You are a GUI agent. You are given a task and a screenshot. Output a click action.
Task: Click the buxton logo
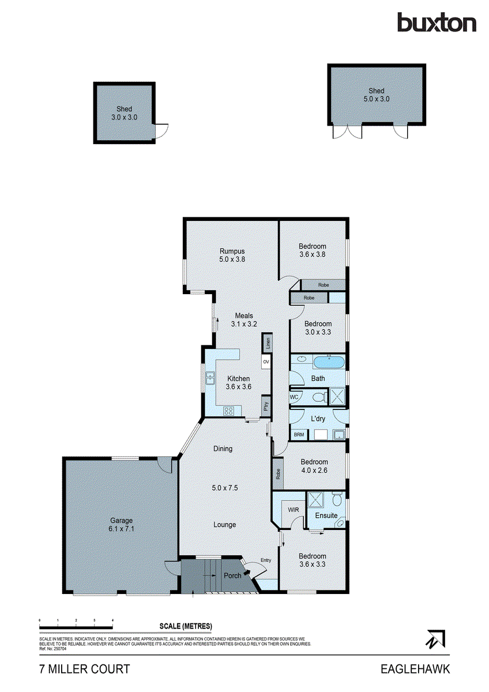pyautogui.click(x=437, y=22)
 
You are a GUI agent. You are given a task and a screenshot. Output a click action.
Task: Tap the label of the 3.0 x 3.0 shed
pyautogui.click(x=124, y=113)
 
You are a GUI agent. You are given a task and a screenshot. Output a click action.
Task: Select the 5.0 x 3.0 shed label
pyautogui.click(x=377, y=95)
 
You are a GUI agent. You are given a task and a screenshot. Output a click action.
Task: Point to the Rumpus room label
pyautogui.click(x=232, y=255)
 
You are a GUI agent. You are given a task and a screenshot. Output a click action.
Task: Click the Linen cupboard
pyautogui.click(x=267, y=343)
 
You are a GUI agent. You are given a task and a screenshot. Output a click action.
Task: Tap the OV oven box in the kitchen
pyautogui.click(x=266, y=362)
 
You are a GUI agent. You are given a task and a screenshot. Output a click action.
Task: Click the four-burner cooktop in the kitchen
pyautogui.click(x=228, y=411)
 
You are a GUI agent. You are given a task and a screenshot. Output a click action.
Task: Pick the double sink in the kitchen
pyautogui.click(x=208, y=379)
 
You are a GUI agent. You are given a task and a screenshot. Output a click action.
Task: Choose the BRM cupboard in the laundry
pyautogui.click(x=299, y=434)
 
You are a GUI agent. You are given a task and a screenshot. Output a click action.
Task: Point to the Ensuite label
pyautogui.click(x=326, y=515)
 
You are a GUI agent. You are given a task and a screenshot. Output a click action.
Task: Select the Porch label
pyautogui.click(x=232, y=576)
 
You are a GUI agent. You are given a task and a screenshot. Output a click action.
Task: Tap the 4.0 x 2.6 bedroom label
pyautogui.click(x=314, y=466)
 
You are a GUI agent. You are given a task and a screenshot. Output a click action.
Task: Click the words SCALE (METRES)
pyautogui.click(x=186, y=626)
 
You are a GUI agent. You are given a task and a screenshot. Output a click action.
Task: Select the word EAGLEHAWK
pyautogui.click(x=415, y=669)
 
